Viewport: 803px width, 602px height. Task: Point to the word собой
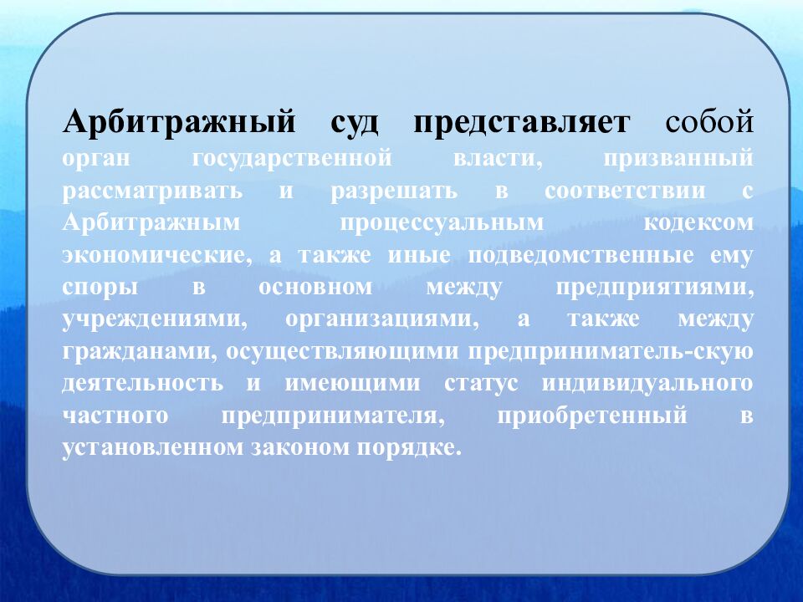[709, 123]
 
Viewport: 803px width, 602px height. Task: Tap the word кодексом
[699, 223]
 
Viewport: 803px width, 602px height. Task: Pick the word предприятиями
[654, 288]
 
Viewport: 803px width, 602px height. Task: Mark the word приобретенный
[591, 416]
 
